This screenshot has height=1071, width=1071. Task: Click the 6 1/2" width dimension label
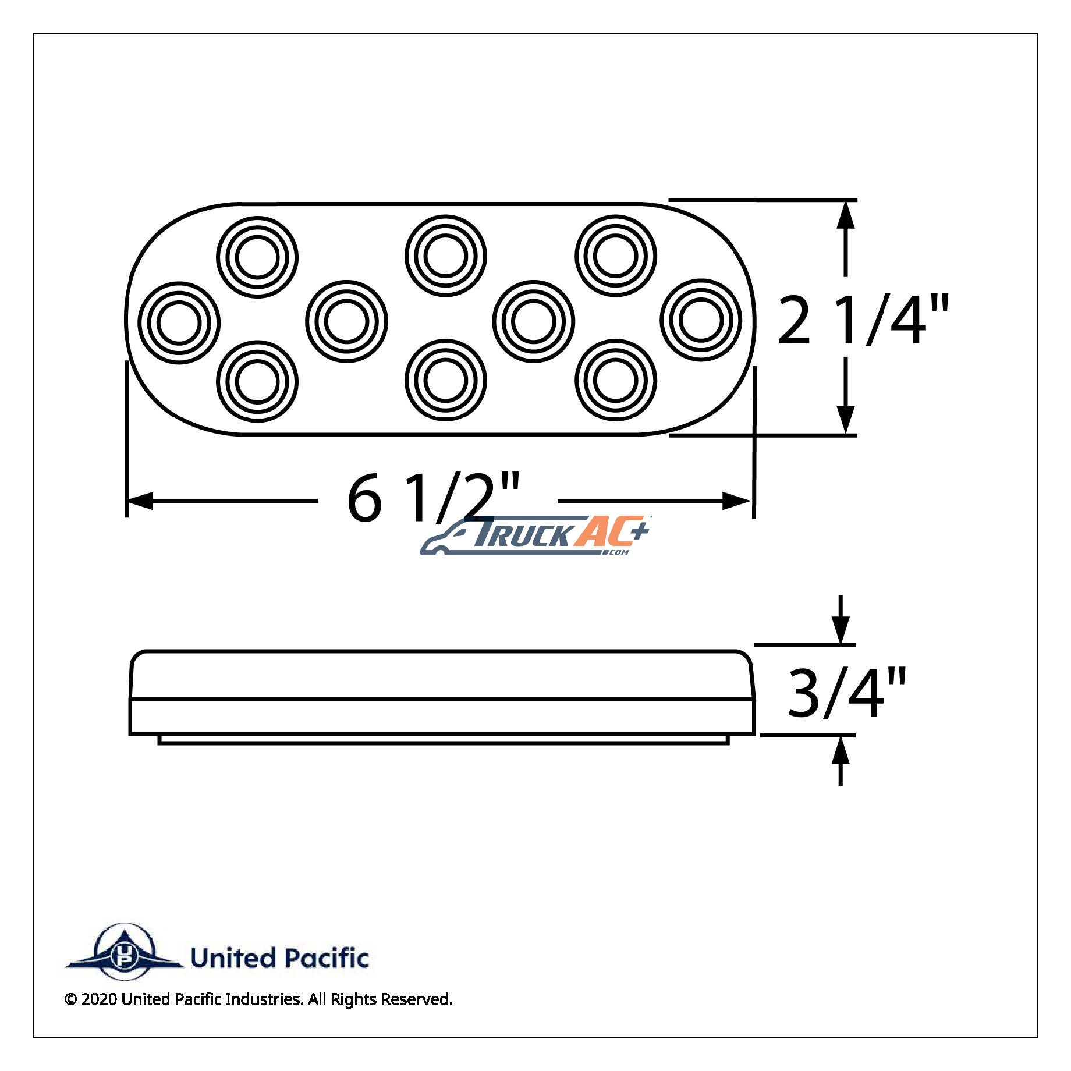pyautogui.click(x=433, y=498)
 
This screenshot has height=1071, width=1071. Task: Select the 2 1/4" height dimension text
pyautogui.click(x=863, y=320)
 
